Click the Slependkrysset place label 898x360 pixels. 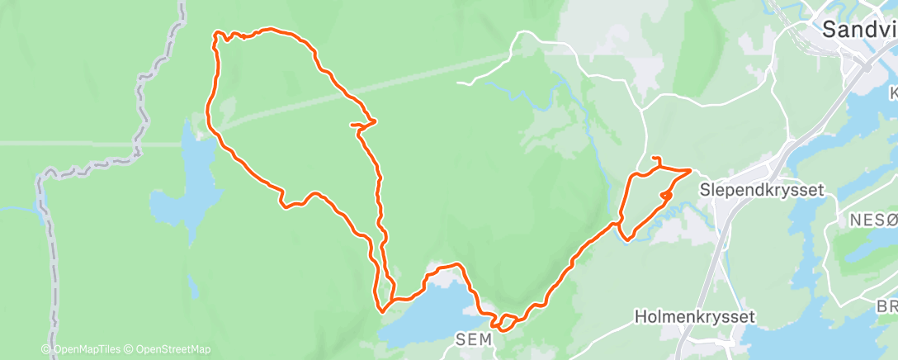click(762, 189)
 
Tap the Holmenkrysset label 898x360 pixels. click(684, 316)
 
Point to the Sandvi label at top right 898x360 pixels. click(858, 31)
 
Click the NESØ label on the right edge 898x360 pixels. click(873, 220)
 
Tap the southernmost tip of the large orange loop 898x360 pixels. click(382, 311)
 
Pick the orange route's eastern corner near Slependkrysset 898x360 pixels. click(690, 170)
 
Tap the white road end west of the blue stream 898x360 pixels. click(458, 83)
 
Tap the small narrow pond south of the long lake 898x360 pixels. click(192, 288)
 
